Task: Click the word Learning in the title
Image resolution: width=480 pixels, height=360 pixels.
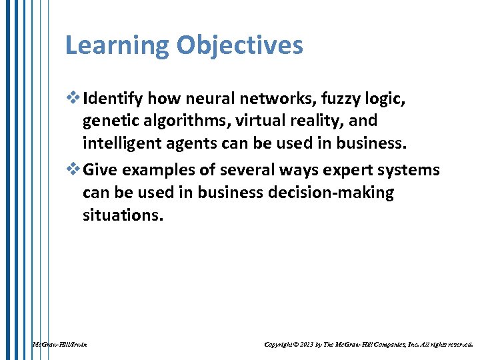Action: point(117,46)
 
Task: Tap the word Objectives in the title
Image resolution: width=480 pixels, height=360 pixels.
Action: point(240,46)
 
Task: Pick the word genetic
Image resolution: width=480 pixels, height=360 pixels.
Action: point(111,121)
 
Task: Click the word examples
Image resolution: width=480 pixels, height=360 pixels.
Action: point(156,170)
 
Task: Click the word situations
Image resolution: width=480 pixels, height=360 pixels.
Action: point(123,215)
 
